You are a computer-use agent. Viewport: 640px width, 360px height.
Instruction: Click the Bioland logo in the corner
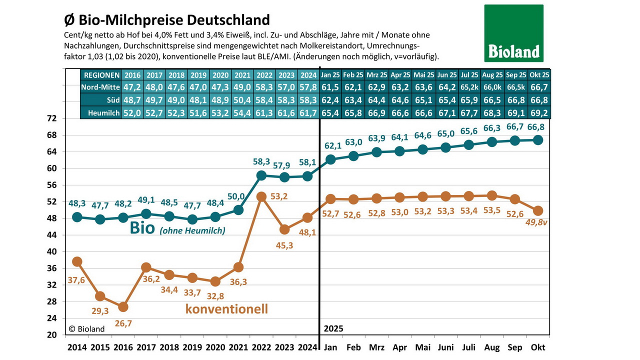(513, 33)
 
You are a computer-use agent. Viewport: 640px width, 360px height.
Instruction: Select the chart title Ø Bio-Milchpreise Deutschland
(167, 20)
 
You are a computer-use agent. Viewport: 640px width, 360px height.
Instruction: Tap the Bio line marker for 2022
(261, 175)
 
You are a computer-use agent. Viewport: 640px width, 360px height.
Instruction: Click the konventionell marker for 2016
(123, 306)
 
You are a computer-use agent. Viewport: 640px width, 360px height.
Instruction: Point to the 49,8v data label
(537, 223)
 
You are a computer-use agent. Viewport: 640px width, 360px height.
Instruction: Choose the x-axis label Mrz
(376, 347)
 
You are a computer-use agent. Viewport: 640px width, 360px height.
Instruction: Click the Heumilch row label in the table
(101, 113)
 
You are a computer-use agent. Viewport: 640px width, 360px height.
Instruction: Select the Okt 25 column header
(539, 75)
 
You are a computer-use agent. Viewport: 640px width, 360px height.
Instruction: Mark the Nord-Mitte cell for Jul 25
(469, 87)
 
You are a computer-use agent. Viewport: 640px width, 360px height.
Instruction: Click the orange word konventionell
(226, 308)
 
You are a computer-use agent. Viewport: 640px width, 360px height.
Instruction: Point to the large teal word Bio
(143, 228)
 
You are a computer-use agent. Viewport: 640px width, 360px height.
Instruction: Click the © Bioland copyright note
(87, 328)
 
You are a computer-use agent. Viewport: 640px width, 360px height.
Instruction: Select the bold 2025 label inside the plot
(334, 328)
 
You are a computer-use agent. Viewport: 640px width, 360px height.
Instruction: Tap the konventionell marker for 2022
(261, 196)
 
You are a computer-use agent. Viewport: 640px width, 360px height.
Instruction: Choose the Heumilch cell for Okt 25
(539, 113)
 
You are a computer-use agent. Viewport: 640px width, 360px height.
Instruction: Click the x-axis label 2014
(76, 347)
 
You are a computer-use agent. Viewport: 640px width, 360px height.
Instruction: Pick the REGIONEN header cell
(101, 75)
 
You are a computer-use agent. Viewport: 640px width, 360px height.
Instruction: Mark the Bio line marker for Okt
(538, 140)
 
